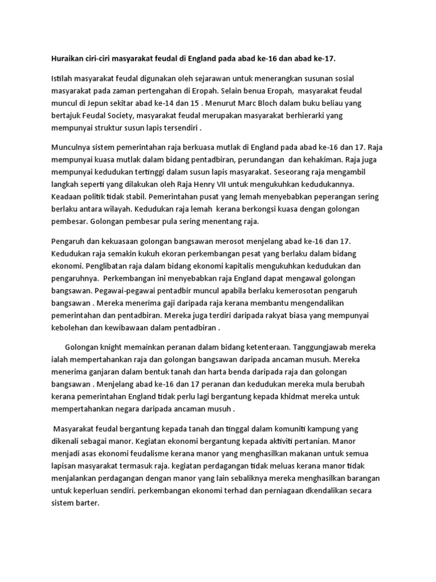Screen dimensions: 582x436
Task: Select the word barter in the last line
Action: (x=86, y=502)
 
